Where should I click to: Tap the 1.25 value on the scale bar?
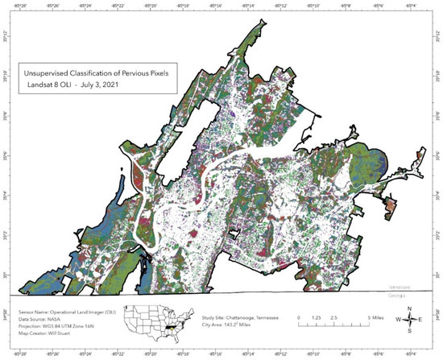coord(317,318)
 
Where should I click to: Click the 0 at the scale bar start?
coord(299,318)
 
